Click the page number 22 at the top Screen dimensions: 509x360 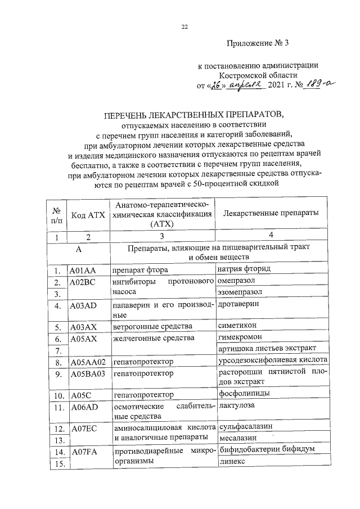(184, 26)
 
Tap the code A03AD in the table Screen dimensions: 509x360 (83, 307)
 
